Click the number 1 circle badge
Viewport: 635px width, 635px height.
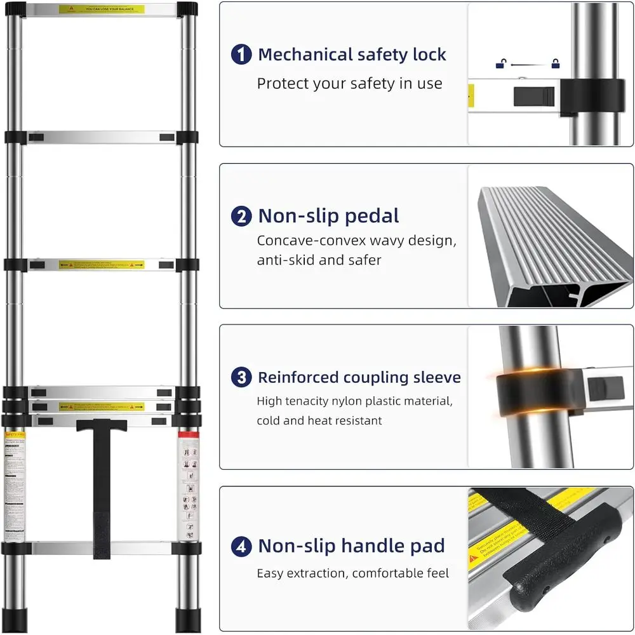[241, 55]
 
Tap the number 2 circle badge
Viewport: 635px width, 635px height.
[241, 217]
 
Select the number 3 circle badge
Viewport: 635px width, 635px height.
[241, 377]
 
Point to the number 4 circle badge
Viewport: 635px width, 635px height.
[241, 546]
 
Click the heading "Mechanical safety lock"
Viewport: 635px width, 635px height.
[352, 55]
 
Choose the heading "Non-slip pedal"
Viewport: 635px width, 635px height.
[328, 217]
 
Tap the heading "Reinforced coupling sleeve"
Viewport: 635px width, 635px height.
[359, 377]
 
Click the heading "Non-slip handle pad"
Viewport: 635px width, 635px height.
[351, 546]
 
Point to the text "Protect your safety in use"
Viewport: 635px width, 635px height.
[349, 84]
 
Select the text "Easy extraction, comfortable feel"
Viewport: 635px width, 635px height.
[352, 573]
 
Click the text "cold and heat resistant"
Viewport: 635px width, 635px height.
[319, 420]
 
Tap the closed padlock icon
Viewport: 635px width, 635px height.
[556, 63]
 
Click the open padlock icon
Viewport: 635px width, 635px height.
[501, 63]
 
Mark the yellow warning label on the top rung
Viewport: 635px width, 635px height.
[102, 10]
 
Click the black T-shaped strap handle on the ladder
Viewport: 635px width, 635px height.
[102, 483]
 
